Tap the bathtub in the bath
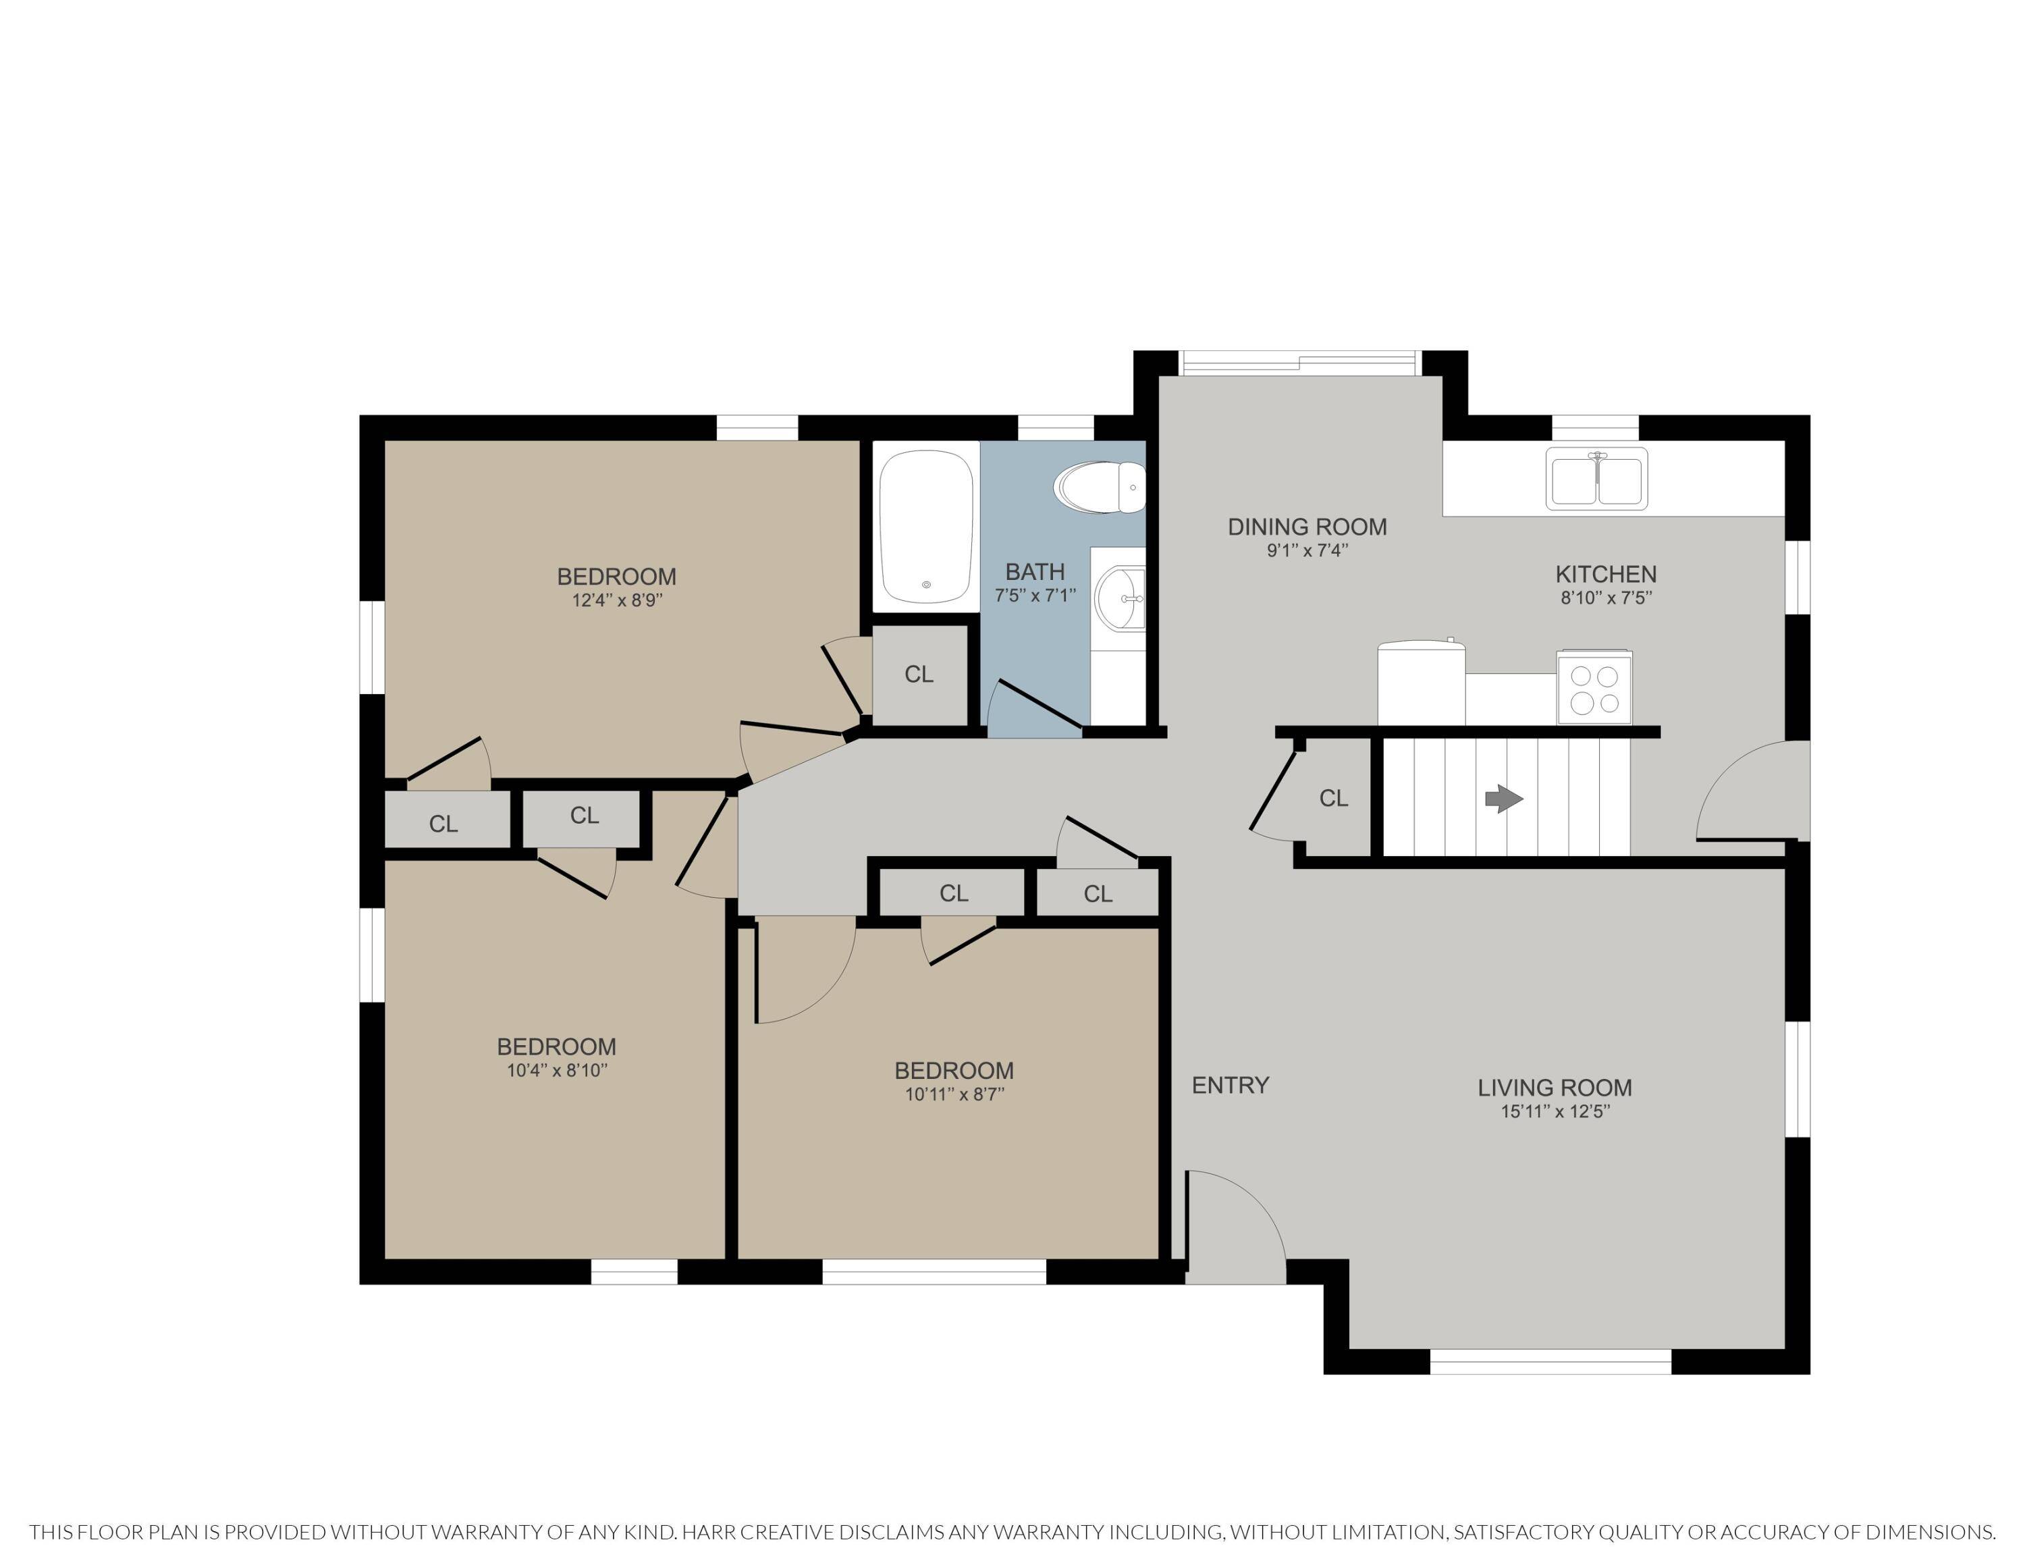[x=926, y=527]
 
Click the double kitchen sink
[x=1596, y=477]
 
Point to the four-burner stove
[x=1595, y=688]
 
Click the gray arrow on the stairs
[x=1504, y=798]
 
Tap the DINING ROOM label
[x=1307, y=527]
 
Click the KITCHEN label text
[x=1606, y=574]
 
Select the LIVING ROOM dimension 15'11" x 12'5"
[x=1555, y=1111]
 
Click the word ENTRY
[x=1231, y=1085]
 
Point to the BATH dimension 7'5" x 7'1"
[x=1035, y=595]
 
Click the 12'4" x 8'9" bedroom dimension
[x=616, y=600]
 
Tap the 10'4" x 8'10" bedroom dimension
[x=556, y=1070]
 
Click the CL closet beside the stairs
[x=1333, y=798]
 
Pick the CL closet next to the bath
[x=919, y=674]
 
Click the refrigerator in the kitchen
[x=1422, y=683]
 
